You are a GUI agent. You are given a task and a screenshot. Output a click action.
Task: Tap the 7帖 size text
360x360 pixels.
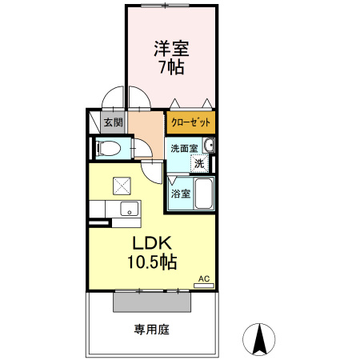(x=170, y=67)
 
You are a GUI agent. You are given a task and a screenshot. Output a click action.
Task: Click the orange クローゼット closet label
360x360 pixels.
(x=191, y=122)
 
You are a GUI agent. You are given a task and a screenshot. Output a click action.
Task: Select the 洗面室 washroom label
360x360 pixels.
(x=182, y=147)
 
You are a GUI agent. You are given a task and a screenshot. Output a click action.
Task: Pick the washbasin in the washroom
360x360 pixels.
(x=209, y=145)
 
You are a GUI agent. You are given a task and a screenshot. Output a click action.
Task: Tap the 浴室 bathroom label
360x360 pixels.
(x=180, y=193)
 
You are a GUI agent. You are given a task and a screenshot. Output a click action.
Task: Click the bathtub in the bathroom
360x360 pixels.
(x=202, y=193)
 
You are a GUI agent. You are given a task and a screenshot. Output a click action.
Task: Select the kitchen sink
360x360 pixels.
(x=127, y=210)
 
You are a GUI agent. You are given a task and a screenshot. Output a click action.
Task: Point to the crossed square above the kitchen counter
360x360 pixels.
(x=122, y=186)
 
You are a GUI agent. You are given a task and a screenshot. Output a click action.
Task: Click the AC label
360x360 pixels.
(x=203, y=278)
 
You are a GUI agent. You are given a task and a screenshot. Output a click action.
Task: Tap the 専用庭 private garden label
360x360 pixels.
(x=151, y=329)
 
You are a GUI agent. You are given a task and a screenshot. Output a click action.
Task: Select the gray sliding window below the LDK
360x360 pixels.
(x=152, y=302)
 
